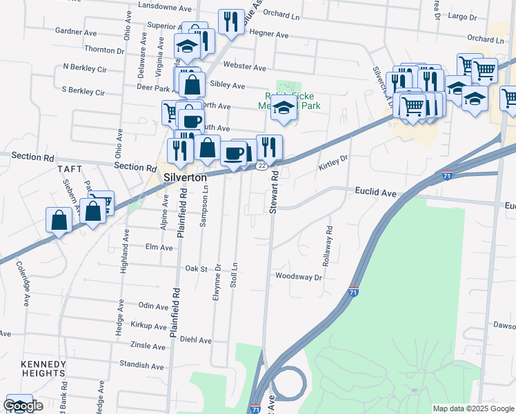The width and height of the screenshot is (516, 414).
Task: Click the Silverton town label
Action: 186,177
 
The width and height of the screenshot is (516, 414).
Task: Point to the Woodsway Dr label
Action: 299,277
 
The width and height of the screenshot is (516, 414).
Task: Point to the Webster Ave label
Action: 249,68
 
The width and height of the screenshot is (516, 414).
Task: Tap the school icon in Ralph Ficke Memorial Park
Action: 284,107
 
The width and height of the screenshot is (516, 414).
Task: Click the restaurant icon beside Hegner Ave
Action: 231,21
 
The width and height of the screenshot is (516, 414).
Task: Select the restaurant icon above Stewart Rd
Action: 269,146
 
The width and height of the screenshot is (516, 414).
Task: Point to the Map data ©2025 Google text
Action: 473,408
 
